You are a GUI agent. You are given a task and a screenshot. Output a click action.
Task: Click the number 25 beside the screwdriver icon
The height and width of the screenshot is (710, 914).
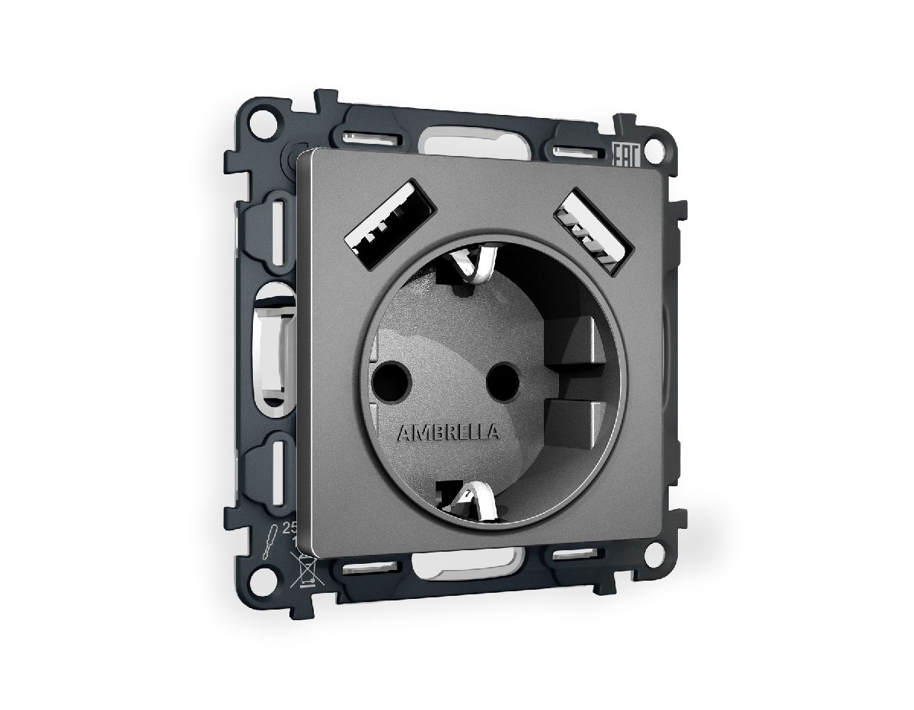(289, 527)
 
